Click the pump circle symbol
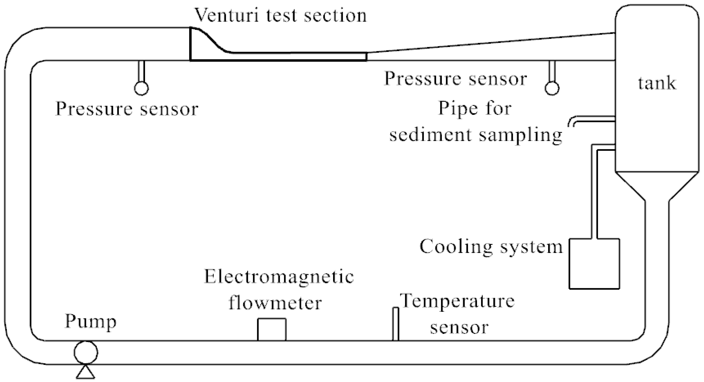click(86, 352)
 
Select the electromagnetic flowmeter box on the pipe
click(272, 330)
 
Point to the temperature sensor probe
click(395, 324)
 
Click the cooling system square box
click(594, 264)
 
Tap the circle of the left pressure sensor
click(141, 88)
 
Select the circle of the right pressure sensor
click(552, 88)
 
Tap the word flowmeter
click(275, 303)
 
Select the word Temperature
click(457, 302)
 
